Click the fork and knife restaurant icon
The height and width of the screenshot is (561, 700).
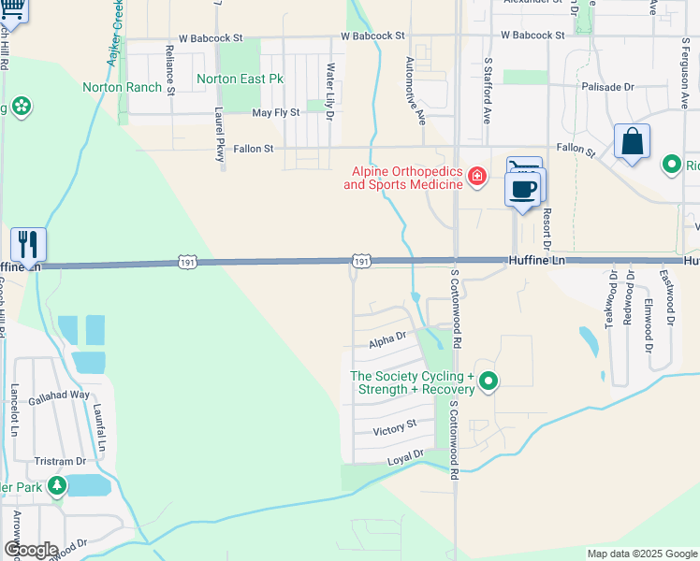tap(28, 245)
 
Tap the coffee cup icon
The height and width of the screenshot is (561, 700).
tap(523, 188)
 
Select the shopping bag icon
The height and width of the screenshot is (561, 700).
tap(632, 142)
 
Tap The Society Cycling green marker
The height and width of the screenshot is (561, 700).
tap(489, 381)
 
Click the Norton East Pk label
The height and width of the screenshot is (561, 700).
tap(240, 79)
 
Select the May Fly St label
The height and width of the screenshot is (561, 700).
tap(276, 112)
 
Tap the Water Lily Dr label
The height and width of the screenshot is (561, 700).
tap(329, 84)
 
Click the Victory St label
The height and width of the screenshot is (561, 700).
tap(394, 428)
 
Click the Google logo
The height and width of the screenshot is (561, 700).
tap(30, 550)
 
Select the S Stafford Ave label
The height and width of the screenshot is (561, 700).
tap(488, 91)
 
